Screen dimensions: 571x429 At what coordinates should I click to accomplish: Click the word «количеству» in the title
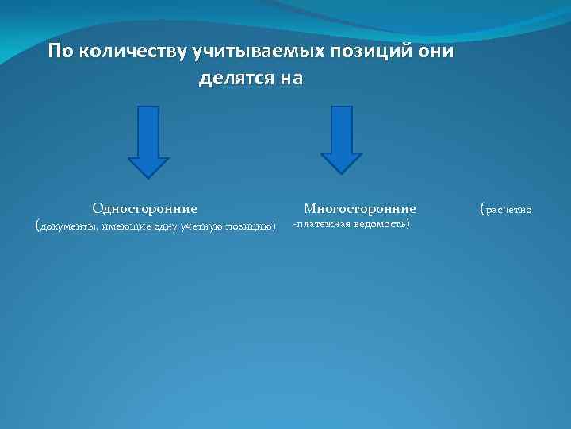(x=130, y=52)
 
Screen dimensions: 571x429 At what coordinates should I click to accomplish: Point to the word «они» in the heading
(x=434, y=52)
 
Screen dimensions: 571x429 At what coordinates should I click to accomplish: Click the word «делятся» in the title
(x=234, y=79)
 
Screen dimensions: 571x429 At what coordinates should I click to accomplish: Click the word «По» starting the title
(x=58, y=52)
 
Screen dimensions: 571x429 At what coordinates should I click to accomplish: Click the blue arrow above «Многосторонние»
(x=342, y=140)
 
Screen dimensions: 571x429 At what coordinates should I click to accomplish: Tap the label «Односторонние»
(x=144, y=209)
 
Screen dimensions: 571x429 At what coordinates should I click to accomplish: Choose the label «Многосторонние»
(x=360, y=209)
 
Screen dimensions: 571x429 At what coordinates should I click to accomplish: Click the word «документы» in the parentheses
(x=66, y=226)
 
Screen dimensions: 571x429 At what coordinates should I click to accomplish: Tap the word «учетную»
(x=203, y=226)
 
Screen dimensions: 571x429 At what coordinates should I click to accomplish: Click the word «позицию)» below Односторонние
(x=252, y=226)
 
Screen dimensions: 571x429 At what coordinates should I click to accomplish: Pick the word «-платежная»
(x=320, y=225)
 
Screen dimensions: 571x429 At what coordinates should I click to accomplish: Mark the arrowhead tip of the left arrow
(x=148, y=176)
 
